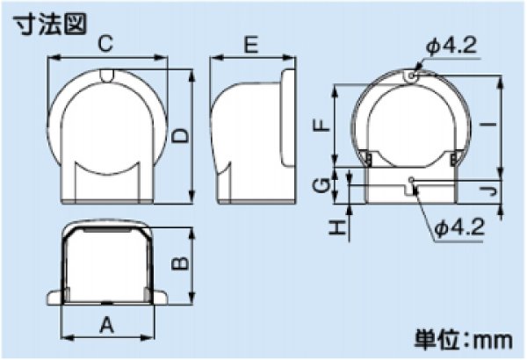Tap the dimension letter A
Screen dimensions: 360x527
pos(108,326)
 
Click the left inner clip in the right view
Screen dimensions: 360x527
pos(368,159)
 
